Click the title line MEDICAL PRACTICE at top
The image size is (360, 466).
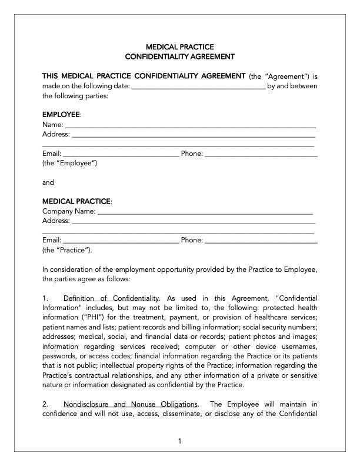coord(179,46)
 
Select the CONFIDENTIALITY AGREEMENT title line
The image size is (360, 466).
coord(179,56)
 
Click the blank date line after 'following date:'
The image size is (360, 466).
coord(198,87)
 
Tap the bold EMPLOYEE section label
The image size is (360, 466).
coord(62,114)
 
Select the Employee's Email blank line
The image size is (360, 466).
coord(121,155)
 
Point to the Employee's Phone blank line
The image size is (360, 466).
coord(261,155)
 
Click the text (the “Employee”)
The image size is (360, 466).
coord(69,163)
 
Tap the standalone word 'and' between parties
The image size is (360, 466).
coord(48,182)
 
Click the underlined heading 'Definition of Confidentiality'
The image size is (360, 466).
coord(111,298)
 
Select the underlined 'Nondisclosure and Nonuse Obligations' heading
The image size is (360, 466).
coord(131,404)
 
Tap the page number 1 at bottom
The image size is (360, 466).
coord(180,441)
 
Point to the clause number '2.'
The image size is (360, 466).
coord(46,404)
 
